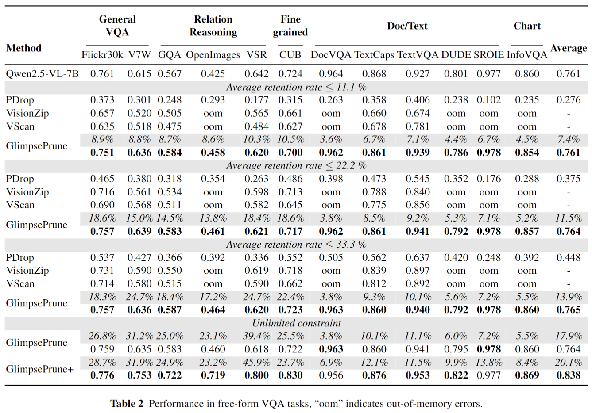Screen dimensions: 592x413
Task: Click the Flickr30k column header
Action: click(x=102, y=55)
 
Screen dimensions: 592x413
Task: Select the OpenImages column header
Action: click(x=213, y=55)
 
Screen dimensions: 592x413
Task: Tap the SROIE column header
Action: click(x=489, y=55)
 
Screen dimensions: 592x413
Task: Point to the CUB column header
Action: click(x=290, y=55)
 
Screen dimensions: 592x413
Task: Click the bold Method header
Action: click(x=24, y=48)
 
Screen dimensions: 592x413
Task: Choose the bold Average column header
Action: click(x=569, y=48)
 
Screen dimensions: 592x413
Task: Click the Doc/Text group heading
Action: click(x=407, y=26)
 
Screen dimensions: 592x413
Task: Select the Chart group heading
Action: click(x=527, y=26)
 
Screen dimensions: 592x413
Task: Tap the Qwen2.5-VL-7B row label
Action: click(x=43, y=74)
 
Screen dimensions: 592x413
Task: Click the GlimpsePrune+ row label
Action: click(x=40, y=369)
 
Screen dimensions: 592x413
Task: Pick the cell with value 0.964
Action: click(x=331, y=74)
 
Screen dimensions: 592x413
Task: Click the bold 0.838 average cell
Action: click(x=569, y=375)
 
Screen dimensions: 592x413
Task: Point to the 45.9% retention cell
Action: click(x=257, y=362)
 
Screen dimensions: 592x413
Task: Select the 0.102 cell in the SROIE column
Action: click(x=489, y=100)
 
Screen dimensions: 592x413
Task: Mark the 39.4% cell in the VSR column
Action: click(x=257, y=336)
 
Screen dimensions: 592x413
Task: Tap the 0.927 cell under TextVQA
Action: click(x=418, y=74)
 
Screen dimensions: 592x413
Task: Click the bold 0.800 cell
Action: click(x=257, y=375)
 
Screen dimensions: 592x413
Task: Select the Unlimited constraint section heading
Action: click(x=297, y=323)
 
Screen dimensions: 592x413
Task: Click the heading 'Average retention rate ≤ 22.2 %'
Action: click(x=296, y=165)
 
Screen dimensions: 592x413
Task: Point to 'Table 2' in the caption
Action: click(x=127, y=404)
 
